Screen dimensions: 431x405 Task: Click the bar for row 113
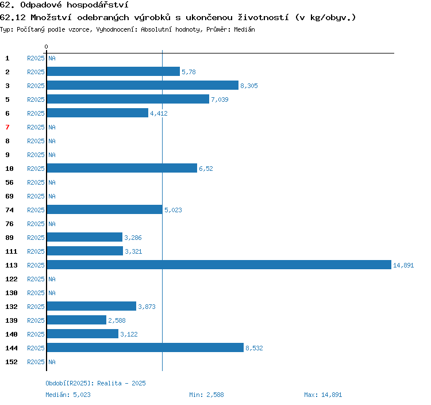pyautogui.click(x=219, y=265)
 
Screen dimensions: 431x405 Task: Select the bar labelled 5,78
pyautogui.click(x=113, y=71)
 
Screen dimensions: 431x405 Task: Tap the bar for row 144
pyautogui.click(x=145, y=347)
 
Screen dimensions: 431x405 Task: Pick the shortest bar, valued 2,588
pyautogui.click(x=76, y=320)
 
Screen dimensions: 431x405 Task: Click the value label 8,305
pyautogui.click(x=249, y=86)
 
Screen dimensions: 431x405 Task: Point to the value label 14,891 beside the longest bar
pyautogui.click(x=403, y=265)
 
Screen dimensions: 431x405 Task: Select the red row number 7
pyautogui.click(x=7, y=127)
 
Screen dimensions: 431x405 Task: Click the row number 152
pyautogui.click(x=11, y=362)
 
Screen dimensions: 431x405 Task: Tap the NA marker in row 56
pyautogui.click(x=52, y=182)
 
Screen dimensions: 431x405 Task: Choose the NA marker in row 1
pyautogui.click(x=52, y=58)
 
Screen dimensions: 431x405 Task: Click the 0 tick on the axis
pyautogui.click(x=46, y=47)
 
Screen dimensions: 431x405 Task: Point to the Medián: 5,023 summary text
pyautogui.click(x=68, y=395)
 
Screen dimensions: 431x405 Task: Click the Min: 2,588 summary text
pyautogui.click(x=206, y=395)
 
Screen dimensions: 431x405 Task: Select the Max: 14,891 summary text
pyautogui.click(x=323, y=395)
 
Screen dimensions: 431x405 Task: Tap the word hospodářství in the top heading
pyautogui.click(x=98, y=5)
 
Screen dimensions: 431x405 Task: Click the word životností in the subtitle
pyautogui.click(x=263, y=17)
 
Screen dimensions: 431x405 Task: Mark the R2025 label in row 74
pyautogui.click(x=36, y=210)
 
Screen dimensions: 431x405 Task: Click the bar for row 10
pyautogui.click(x=122, y=168)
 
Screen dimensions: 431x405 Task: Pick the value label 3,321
pyautogui.click(x=133, y=251)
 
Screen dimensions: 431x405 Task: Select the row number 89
pyautogui.click(x=9, y=238)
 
